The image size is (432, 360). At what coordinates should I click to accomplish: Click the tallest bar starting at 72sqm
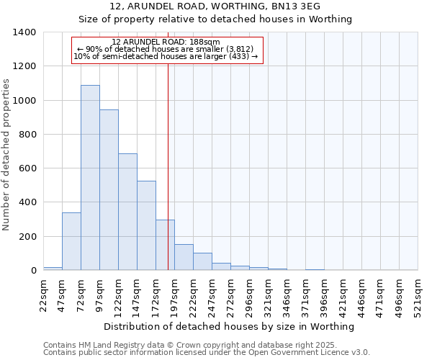[x=90, y=178]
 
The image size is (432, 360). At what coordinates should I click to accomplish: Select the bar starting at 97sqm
[x=109, y=190]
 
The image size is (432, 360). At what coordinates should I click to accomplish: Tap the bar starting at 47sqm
[x=71, y=241]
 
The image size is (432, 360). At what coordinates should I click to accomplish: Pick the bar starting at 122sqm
[x=127, y=212]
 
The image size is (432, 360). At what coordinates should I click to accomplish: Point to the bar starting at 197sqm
[x=184, y=257]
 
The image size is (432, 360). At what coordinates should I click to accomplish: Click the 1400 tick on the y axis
[x=24, y=32]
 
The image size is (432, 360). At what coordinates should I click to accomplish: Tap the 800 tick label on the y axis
[x=27, y=135]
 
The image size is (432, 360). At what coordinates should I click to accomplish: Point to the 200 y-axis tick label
[x=27, y=237]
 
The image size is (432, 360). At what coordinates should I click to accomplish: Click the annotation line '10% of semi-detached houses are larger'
[x=166, y=57]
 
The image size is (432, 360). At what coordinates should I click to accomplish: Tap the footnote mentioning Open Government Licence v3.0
[x=207, y=353]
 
